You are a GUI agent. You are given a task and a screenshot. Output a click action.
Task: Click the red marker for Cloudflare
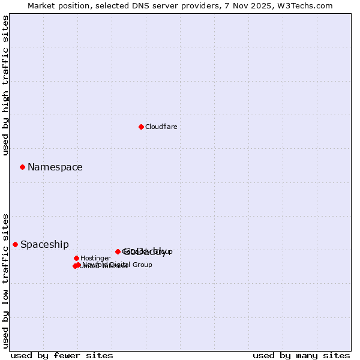coord(141,127)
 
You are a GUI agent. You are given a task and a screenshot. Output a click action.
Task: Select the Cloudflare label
coord(161,127)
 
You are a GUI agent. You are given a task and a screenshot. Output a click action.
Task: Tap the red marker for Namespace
coord(22,167)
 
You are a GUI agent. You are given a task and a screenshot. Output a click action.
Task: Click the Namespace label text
coord(55,167)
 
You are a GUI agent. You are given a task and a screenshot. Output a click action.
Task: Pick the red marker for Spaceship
coord(15,244)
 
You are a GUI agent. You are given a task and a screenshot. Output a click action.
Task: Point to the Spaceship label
coord(44,245)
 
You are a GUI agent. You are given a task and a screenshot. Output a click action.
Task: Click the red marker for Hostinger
coord(76,258)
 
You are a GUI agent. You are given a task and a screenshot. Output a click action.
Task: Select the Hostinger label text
coord(95,258)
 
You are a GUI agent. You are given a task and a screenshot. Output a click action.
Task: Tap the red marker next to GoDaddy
coord(118,251)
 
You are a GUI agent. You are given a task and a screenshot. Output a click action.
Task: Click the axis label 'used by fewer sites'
coord(62,355)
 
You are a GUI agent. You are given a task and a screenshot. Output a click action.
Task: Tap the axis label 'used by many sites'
coord(301,355)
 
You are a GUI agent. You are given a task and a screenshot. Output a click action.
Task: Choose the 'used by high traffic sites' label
coord(5,85)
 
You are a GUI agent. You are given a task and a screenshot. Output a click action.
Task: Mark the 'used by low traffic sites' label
coord(5,281)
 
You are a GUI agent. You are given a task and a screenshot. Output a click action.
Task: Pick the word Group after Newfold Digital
coord(142,265)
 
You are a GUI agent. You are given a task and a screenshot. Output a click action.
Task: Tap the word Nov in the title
coord(246,5)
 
